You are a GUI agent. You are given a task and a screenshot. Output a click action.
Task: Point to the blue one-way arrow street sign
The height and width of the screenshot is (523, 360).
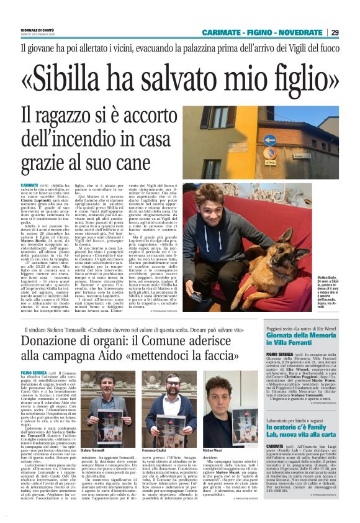pos(269,140)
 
